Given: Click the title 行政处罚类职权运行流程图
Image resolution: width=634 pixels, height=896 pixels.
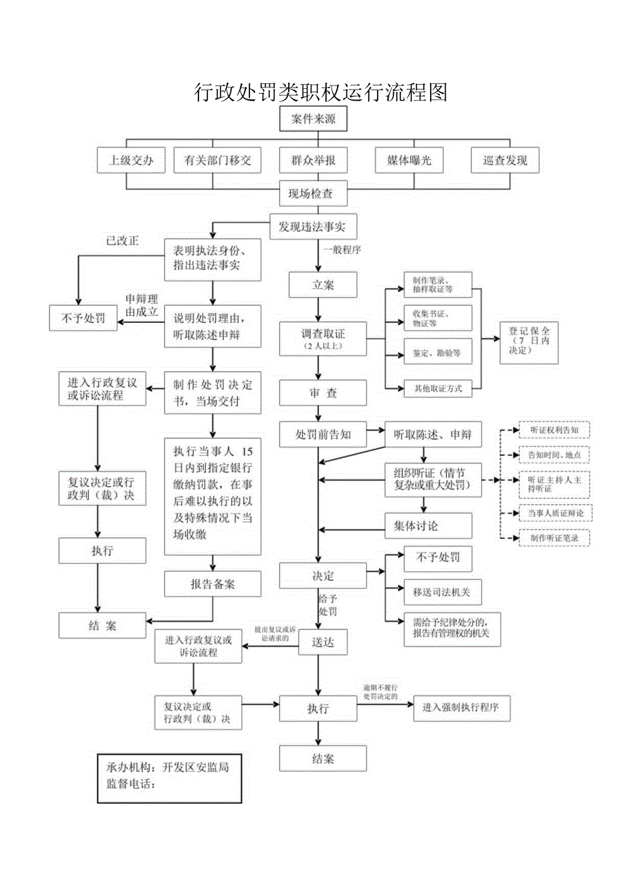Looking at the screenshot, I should coord(321,91).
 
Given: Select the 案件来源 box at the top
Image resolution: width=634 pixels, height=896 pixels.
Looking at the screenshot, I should coord(312,119).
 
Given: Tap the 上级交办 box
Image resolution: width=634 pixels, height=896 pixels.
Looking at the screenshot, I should coord(130,161).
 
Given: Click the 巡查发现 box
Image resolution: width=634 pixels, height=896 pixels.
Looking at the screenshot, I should coord(504,161).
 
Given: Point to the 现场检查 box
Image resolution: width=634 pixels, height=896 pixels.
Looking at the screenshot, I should coord(312,194).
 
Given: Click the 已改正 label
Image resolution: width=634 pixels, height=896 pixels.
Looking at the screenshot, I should coord(122,241).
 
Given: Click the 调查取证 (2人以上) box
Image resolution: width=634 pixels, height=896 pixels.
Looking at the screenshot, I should coord(322,337).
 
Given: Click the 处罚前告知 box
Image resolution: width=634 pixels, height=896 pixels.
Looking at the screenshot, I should coord(322,435).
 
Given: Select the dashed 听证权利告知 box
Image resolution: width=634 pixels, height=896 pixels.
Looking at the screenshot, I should coord(554,430).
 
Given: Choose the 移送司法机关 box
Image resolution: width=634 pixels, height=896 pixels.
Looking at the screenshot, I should coord(438,591).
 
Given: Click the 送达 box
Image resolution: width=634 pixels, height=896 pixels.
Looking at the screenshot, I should coord(322,642).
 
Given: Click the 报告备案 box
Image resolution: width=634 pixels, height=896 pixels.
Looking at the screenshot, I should coord(212,584).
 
